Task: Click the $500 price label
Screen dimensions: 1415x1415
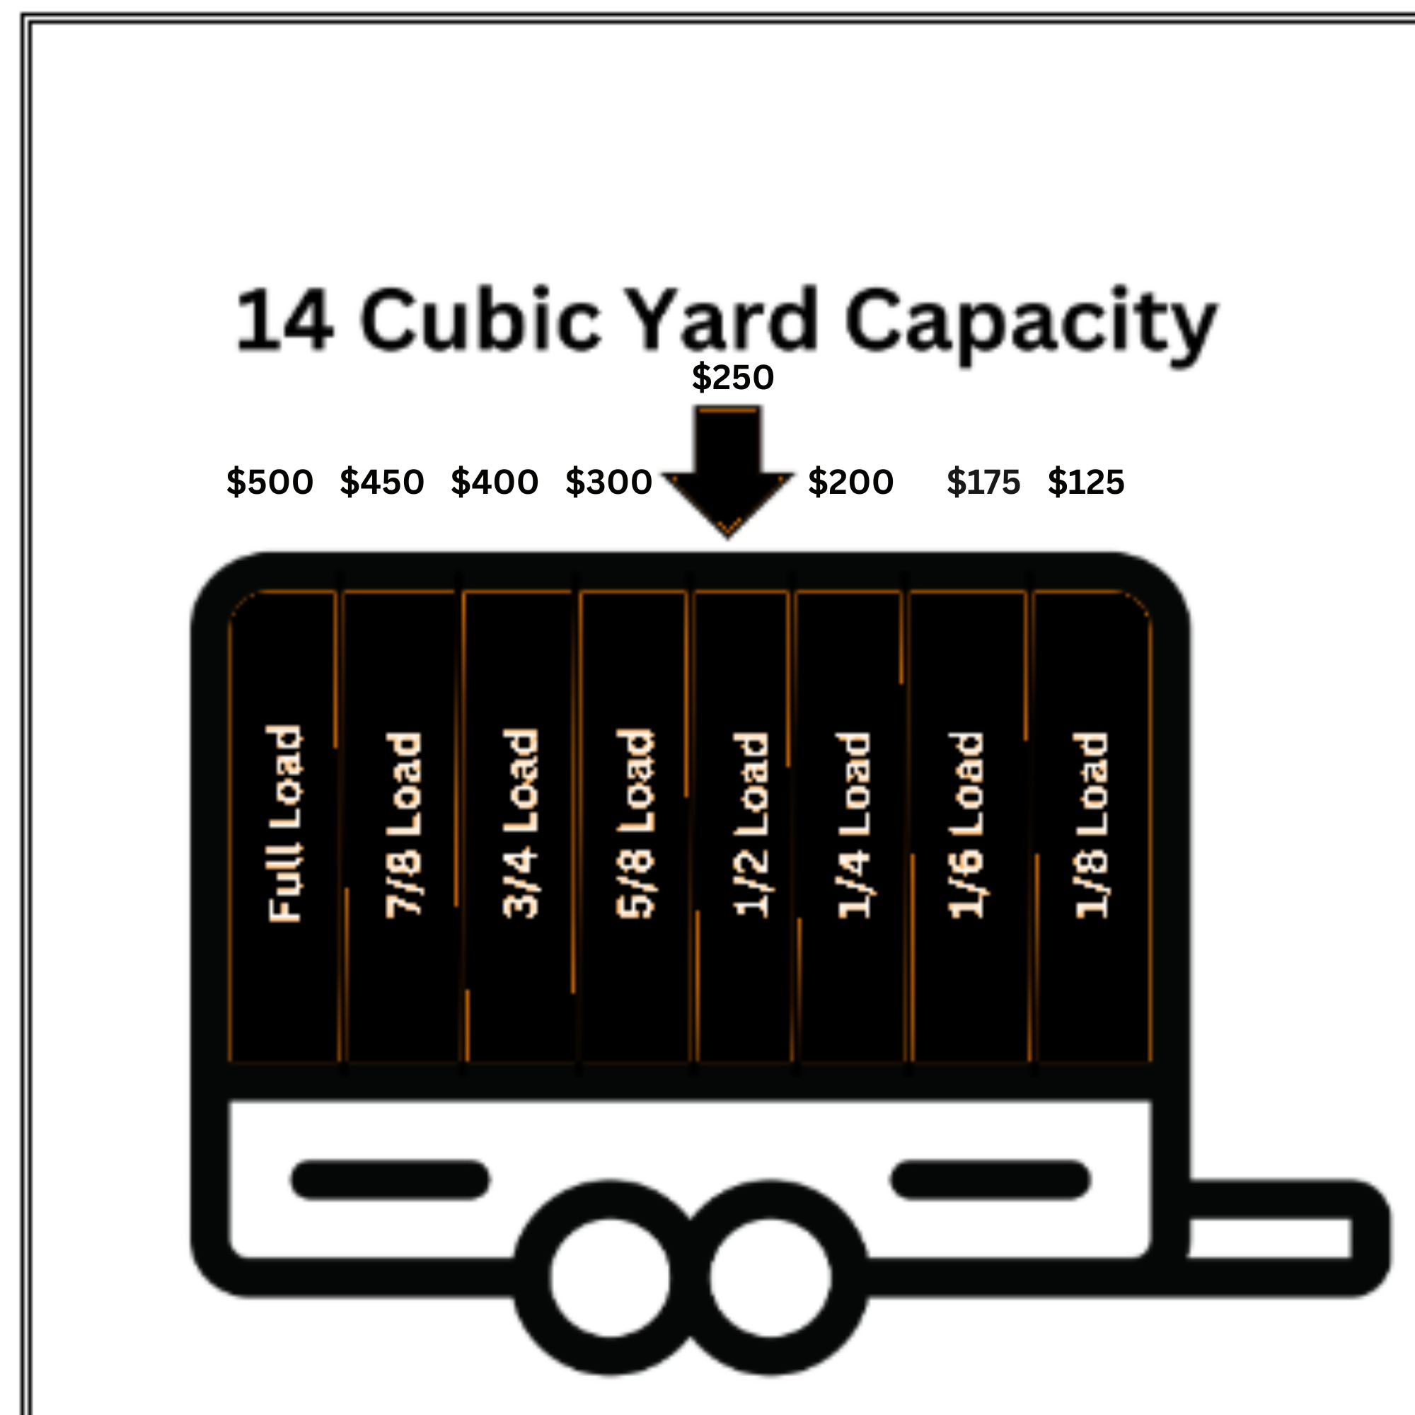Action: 270,482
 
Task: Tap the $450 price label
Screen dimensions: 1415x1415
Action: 381,482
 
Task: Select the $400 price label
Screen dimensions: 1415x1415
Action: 495,482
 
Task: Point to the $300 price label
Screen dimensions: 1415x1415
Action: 608,482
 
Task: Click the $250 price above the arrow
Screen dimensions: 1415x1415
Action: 732,377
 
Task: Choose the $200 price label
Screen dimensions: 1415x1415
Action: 850,482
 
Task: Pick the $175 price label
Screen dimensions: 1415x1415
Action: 983,482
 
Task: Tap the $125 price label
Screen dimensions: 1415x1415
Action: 1085,482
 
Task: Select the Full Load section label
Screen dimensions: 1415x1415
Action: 284,824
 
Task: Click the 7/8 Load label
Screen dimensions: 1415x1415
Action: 403,825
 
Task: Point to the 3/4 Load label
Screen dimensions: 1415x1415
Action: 520,824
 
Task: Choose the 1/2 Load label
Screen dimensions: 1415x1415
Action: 751,825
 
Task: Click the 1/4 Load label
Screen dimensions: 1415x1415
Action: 854,825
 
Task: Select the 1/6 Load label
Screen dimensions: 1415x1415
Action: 966,825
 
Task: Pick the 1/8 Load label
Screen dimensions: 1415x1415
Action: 1091,825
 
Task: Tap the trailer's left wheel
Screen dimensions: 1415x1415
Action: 609,1277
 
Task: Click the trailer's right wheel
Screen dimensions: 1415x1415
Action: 770,1277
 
